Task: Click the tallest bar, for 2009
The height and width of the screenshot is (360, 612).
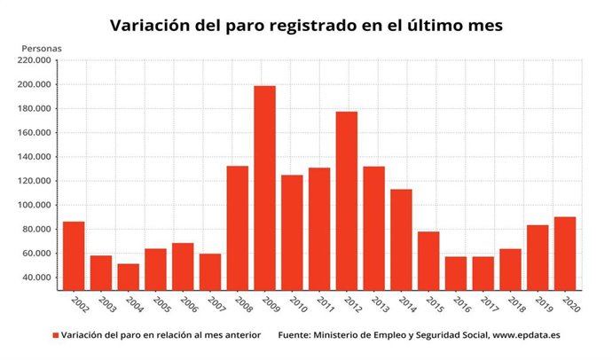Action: (x=264, y=187)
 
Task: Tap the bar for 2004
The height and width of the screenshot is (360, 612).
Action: (x=128, y=276)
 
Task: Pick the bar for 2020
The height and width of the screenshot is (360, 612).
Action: (x=564, y=253)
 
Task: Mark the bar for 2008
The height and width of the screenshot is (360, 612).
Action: (x=237, y=227)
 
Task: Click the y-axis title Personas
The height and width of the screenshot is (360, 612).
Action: (x=41, y=46)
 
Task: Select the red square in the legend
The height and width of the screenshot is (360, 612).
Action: (x=55, y=336)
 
